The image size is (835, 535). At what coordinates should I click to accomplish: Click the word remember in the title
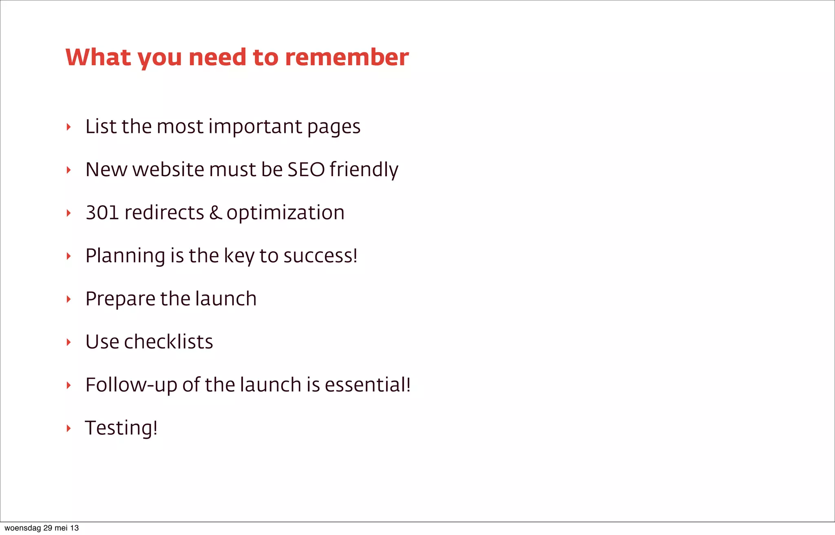click(x=347, y=57)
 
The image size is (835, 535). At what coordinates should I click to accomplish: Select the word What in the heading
click(x=98, y=57)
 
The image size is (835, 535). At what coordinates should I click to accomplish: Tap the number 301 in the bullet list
click(x=102, y=212)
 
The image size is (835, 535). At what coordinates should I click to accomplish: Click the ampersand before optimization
click(x=216, y=212)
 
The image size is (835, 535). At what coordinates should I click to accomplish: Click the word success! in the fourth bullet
click(x=320, y=256)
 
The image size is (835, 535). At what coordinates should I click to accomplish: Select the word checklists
click(x=168, y=342)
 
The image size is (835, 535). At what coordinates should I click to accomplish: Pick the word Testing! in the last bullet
click(x=121, y=428)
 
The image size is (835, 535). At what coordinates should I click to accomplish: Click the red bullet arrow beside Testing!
click(x=68, y=428)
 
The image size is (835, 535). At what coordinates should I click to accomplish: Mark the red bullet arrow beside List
click(x=68, y=127)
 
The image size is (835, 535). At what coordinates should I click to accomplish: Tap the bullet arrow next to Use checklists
click(x=68, y=342)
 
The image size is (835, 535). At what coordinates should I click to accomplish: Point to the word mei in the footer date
click(x=61, y=528)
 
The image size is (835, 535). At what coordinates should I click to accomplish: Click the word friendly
click(x=364, y=170)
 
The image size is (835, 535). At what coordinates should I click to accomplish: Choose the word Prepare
click(x=120, y=299)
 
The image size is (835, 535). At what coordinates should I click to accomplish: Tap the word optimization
click(x=285, y=213)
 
